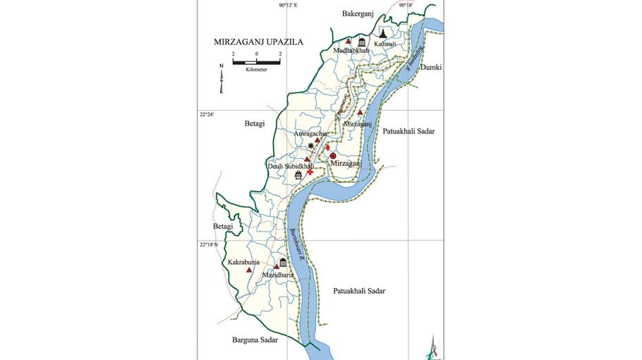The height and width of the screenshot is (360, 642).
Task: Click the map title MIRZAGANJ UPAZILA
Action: click(x=258, y=42)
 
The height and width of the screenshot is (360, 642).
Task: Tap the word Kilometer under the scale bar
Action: click(x=257, y=71)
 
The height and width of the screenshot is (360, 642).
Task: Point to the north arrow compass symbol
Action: click(x=221, y=78)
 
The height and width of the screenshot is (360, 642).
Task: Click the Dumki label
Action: click(x=430, y=67)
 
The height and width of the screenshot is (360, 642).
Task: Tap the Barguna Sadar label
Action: click(x=255, y=340)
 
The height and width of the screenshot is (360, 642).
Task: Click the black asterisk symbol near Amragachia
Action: click(x=311, y=145)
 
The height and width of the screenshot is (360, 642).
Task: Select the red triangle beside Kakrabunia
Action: click(x=248, y=270)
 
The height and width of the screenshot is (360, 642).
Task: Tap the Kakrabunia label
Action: click(x=244, y=262)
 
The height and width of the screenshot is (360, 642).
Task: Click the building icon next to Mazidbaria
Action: click(x=283, y=263)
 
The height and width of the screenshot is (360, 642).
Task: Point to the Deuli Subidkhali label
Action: click(x=290, y=166)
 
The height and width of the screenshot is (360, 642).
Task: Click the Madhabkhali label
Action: click(x=352, y=50)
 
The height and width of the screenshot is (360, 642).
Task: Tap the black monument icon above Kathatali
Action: click(x=382, y=32)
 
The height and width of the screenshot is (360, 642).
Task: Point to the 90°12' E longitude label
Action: click(x=288, y=5)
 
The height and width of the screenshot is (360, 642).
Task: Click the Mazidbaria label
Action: click(x=277, y=274)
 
